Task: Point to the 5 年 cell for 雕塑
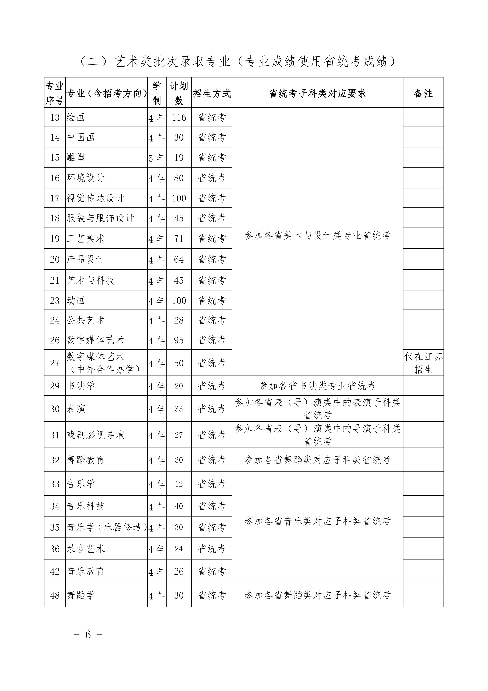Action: click(x=157, y=158)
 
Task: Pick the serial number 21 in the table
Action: click(x=55, y=281)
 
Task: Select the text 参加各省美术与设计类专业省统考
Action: click(x=317, y=235)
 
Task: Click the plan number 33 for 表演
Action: click(x=179, y=409)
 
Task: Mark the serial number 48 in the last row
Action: click(x=55, y=595)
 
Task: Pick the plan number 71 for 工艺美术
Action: click(x=179, y=239)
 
